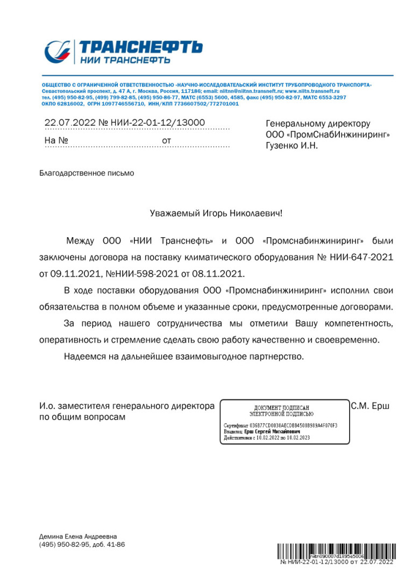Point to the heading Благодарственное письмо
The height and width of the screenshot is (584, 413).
point(87,173)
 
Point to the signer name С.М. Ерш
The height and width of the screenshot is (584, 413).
point(370,406)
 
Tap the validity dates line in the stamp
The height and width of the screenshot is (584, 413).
point(266,438)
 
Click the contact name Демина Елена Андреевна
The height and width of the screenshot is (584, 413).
point(78,536)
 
